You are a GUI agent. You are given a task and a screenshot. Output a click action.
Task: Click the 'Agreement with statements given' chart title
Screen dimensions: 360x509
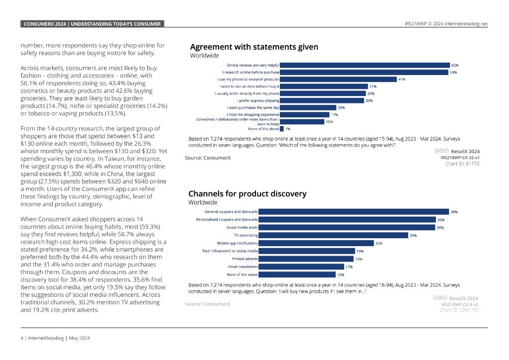tap(254, 47)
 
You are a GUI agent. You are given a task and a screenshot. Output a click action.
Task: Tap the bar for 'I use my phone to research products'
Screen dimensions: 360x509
tap(338, 79)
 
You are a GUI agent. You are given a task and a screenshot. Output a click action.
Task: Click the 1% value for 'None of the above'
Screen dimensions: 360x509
tap(288, 129)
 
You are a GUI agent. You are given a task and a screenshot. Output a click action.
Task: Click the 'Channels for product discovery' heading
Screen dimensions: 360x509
tap(247, 194)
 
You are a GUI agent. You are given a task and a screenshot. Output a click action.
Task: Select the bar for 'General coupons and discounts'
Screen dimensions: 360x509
tap(353, 212)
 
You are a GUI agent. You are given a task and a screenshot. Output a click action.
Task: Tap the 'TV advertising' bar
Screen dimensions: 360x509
tap(333, 235)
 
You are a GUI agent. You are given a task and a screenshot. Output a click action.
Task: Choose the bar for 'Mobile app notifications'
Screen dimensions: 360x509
tap(316, 243)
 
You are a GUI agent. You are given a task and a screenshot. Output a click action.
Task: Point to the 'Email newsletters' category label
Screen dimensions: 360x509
tap(243, 267)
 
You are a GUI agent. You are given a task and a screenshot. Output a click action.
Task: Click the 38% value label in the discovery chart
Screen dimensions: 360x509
tap(453, 212)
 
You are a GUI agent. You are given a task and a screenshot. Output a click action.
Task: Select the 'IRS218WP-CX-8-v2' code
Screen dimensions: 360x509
tap(460, 304)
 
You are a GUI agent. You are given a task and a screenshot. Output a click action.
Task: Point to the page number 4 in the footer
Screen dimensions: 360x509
tap(22, 338)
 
